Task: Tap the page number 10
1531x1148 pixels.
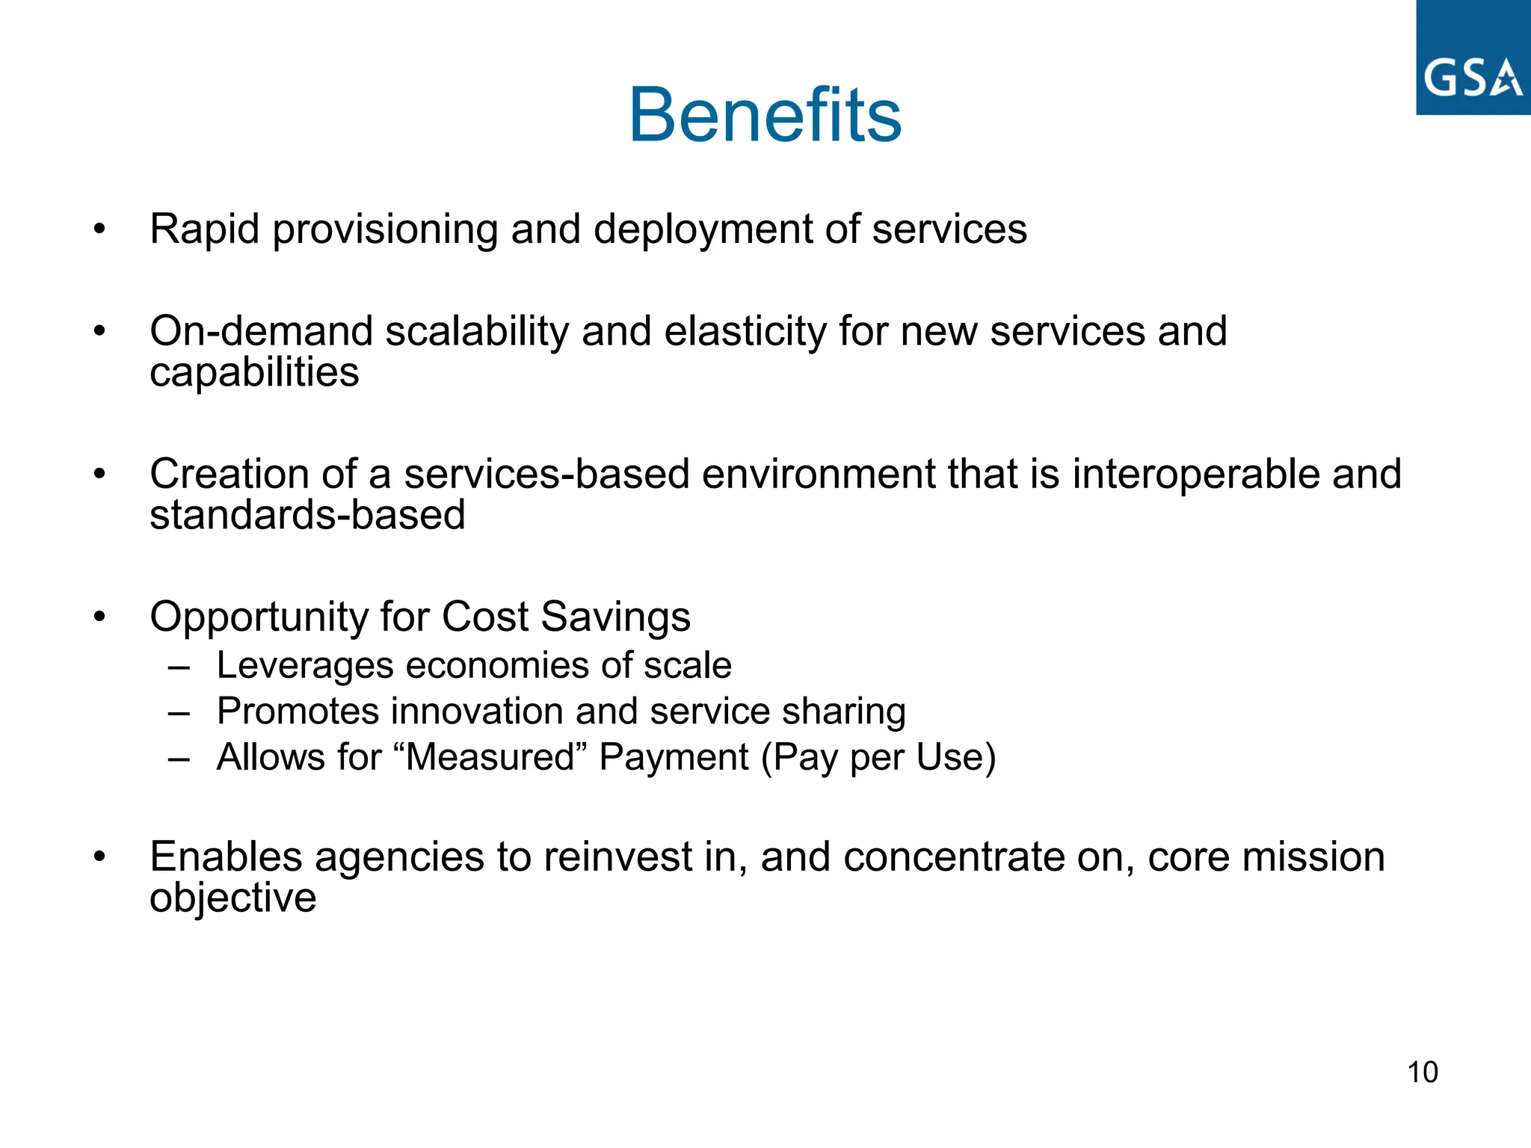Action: click(1422, 1072)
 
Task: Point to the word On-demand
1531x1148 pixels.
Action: click(260, 331)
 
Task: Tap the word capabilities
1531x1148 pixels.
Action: click(254, 373)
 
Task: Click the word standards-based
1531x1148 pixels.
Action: click(307, 515)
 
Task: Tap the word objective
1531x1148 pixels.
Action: click(232, 898)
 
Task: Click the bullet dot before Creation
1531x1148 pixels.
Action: click(100, 474)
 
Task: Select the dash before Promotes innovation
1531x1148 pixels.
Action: click(179, 712)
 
